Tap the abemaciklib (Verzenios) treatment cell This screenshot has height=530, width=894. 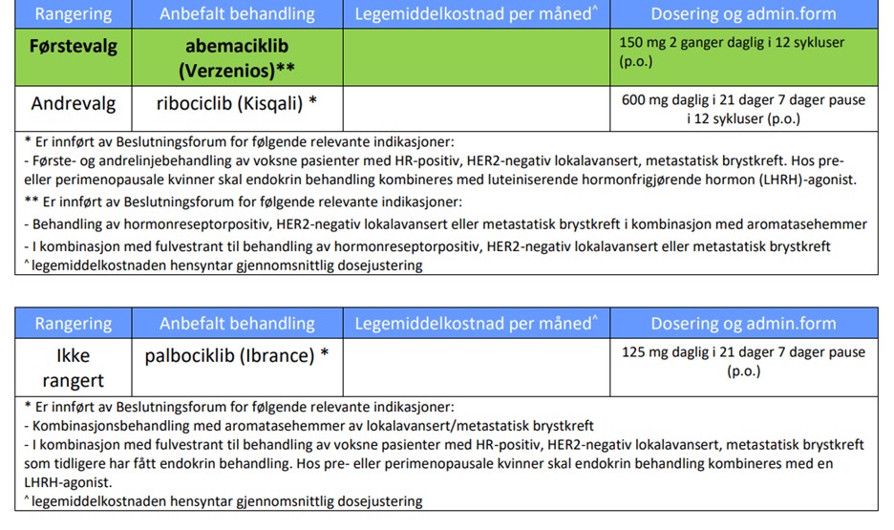tap(237, 57)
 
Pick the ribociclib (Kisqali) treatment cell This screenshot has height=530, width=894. tap(237, 103)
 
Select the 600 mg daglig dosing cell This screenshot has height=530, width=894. tap(743, 110)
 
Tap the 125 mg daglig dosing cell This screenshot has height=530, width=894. tap(743, 361)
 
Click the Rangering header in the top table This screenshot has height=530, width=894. tap(73, 14)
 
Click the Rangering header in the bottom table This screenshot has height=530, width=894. tap(73, 323)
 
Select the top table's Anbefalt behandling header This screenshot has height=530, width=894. tap(237, 14)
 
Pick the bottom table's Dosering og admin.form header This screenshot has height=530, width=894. tap(743, 323)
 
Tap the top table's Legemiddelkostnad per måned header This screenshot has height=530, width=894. tap(476, 14)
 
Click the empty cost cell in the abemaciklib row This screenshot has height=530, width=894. tap(476, 57)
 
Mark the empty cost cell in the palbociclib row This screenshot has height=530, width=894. tap(476, 368)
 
